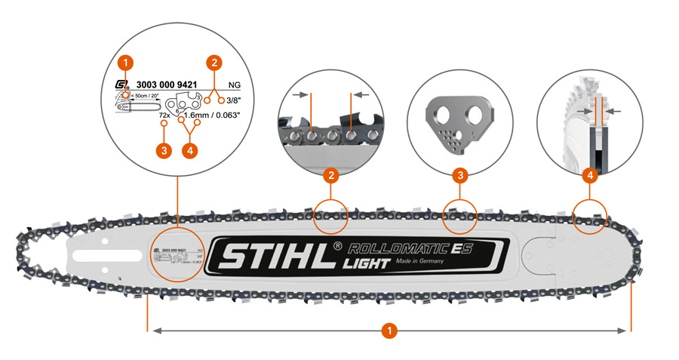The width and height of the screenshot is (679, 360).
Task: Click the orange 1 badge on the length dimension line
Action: click(389, 331)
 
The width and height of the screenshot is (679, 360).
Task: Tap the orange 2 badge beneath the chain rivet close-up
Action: click(330, 176)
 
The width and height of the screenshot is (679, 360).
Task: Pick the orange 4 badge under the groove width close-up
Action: click(590, 176)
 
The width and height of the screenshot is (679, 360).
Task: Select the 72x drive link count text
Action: click(164, 115)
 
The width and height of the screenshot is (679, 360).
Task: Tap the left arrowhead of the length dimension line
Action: click(154, 331)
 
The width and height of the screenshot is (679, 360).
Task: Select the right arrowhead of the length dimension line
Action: click(625, 331)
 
